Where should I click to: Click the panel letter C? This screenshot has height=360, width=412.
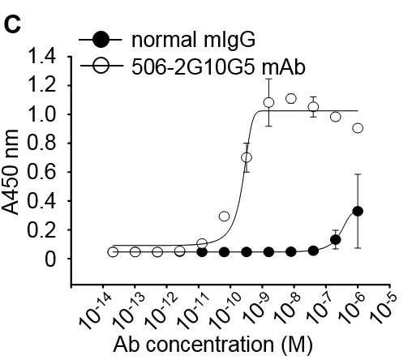pyautogui.click(x=13, y=25)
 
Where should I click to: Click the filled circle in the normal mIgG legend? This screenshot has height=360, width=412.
pyautogui.click(x=101, y=40)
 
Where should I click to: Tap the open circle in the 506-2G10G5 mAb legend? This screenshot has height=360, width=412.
pyautogui.click(x=101, y=66)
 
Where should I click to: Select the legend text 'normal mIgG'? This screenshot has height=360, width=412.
pyautogui.click(x=193, y=40)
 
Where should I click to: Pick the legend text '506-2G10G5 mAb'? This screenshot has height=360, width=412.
pyautogui.click(x=218, y=66)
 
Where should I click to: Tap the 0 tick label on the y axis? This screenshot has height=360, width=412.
pyautogui.click(x=50, y=259)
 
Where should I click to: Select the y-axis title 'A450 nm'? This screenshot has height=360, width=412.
pyautogui.click(x=11, y=172)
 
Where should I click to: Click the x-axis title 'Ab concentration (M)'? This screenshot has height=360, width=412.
pyautogui.click(x=213, y=345)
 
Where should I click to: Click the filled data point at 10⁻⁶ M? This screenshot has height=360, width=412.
pyautogui.click(x=358, y=211)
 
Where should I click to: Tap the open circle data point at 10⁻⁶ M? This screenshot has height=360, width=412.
pyautogui.click(x=358, y=128)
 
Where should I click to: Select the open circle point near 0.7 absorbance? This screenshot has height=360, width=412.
pyautogui.click(x=247, y=157)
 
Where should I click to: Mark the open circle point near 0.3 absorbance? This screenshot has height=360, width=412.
pyautogui.click(x=224, y=216)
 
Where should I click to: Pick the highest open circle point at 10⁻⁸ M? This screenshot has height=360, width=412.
pyautogui.click(x=291, y=99)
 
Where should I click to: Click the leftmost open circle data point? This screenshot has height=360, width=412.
pyautogui.click(x=113, y=252)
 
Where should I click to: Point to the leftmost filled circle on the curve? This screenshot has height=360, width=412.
pyautogui.click(x=202, y=252)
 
